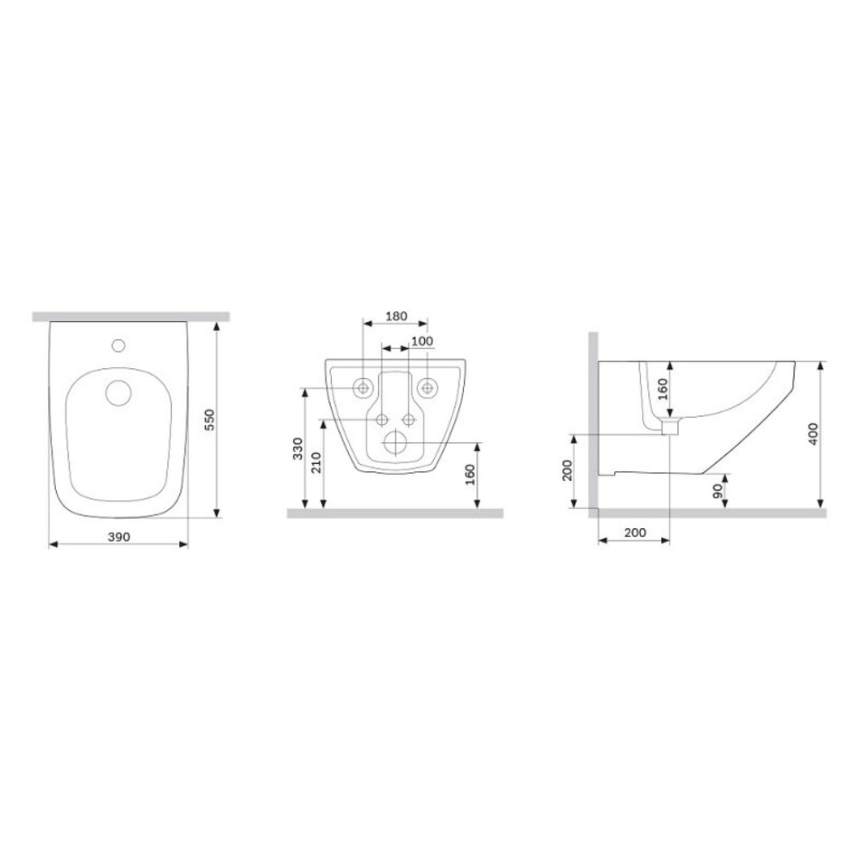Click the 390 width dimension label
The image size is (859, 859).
point(118,537)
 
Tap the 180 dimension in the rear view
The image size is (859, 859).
point(396,316)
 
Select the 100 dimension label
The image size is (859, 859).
point(422,341)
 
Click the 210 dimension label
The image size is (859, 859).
point(316,463)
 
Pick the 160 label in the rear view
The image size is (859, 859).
point(470,475)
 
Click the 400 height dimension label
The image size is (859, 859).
point(813,434)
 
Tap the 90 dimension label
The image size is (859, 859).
point(718,491)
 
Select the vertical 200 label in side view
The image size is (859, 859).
point(567,470)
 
